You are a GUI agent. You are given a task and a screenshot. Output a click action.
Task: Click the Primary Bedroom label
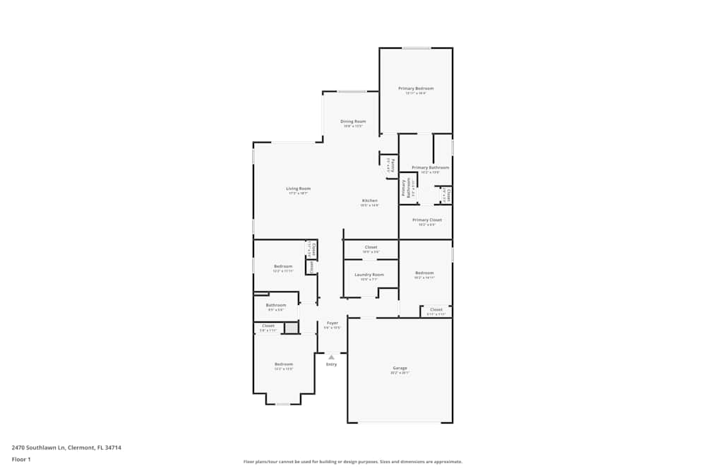[x=416, y=88]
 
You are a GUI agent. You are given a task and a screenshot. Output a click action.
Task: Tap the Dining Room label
[x=353, y=121]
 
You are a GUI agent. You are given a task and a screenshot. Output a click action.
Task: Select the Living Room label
[x=298, y=189]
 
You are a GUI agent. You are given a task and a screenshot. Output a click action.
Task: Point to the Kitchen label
[x=369, y=201]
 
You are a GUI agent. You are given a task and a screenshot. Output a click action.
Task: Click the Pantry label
[x=393, y=165]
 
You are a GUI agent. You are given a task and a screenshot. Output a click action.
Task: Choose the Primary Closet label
[x=426, y=220]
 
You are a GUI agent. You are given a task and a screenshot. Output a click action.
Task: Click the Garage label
[x=400, y=368]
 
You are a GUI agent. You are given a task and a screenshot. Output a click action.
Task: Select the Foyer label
[x=332, y=323]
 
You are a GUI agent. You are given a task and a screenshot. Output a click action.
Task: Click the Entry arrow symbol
[x=331, y=357]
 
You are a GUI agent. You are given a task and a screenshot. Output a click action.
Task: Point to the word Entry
[x=331, y=364]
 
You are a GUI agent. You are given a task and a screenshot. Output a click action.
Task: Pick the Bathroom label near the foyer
[x=276, y=305]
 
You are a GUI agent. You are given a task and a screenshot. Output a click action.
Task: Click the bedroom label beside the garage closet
[x=424, y=273]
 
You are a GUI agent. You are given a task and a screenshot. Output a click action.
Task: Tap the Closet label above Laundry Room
[x=371, y=247]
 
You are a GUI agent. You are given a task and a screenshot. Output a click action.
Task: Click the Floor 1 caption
[x=21, y=459]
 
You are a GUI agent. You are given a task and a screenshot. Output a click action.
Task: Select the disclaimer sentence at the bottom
[x=353, y=462]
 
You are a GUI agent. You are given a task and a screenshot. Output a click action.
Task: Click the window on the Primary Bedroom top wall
[x=417, y=48]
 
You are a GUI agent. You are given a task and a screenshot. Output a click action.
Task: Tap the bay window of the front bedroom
[x=282, y=404]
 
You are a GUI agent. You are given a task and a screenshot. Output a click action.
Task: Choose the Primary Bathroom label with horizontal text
[x=430, y=167]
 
